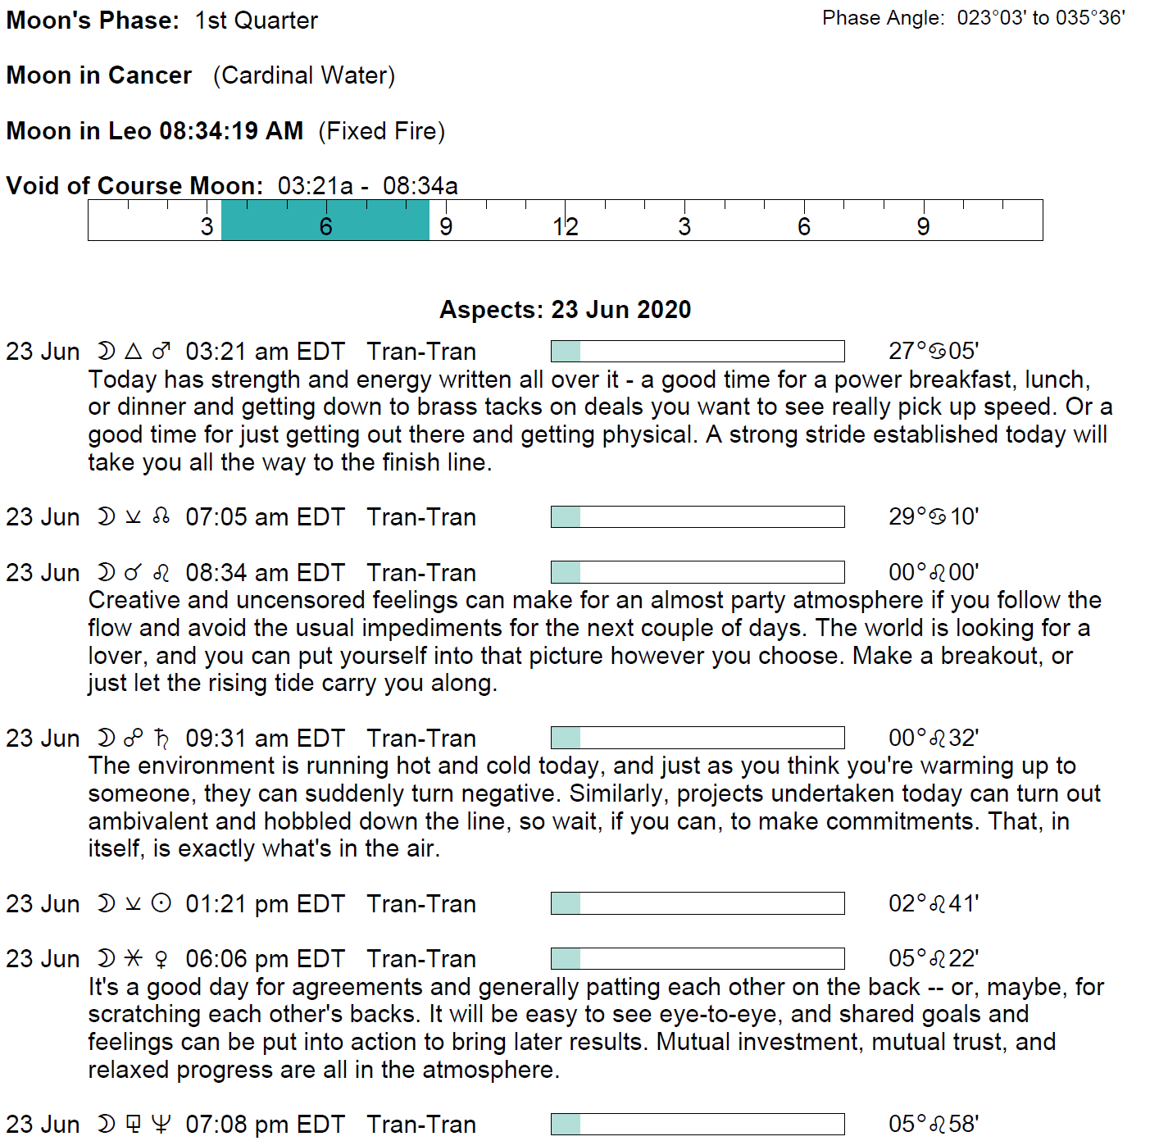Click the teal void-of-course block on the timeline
325,220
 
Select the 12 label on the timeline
565,226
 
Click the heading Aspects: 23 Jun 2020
565,310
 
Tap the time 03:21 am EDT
265,352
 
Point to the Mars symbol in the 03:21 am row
161,352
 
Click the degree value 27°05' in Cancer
933,352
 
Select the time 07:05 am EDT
265,517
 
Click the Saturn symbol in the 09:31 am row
161,739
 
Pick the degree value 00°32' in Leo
933,739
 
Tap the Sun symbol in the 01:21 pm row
161,903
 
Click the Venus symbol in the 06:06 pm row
161,959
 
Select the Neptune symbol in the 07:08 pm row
161,1124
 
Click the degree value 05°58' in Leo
933,1124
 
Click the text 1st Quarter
256,20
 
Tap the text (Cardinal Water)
304,75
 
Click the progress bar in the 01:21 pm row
698,903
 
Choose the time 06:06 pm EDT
265,959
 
